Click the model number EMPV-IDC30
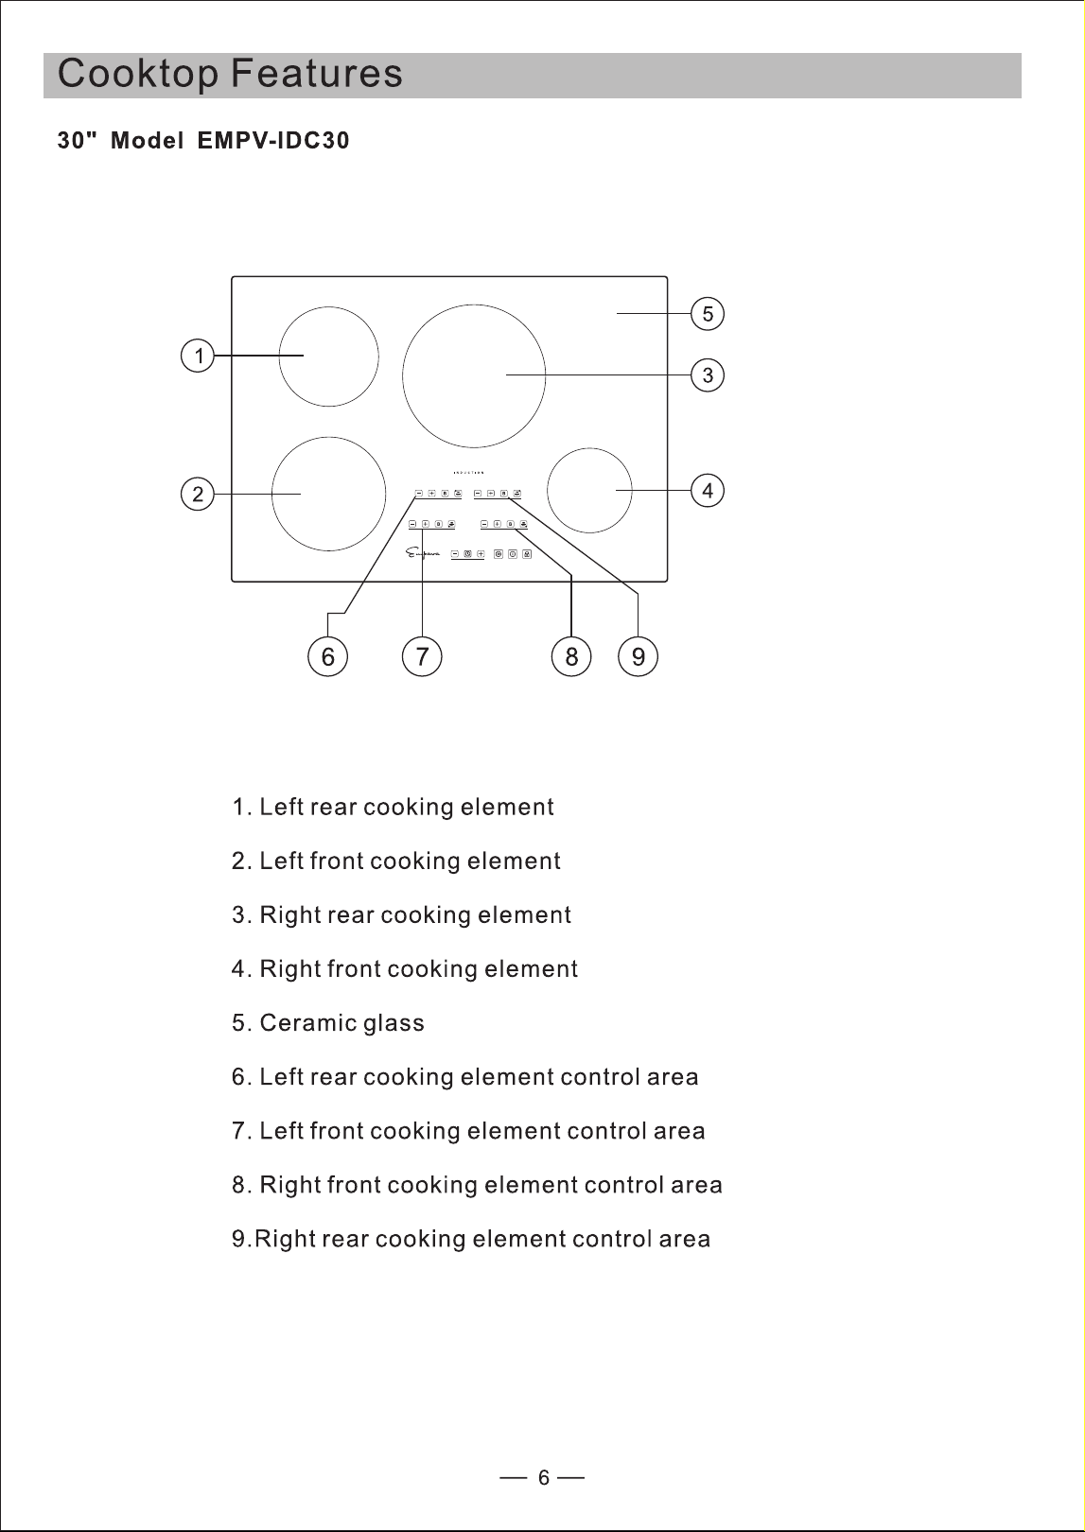[273, 141]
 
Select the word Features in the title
[317, 73]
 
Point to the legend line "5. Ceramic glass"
[327, 1022]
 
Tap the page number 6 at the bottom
[544, 1478]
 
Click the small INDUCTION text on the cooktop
[468, 473]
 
